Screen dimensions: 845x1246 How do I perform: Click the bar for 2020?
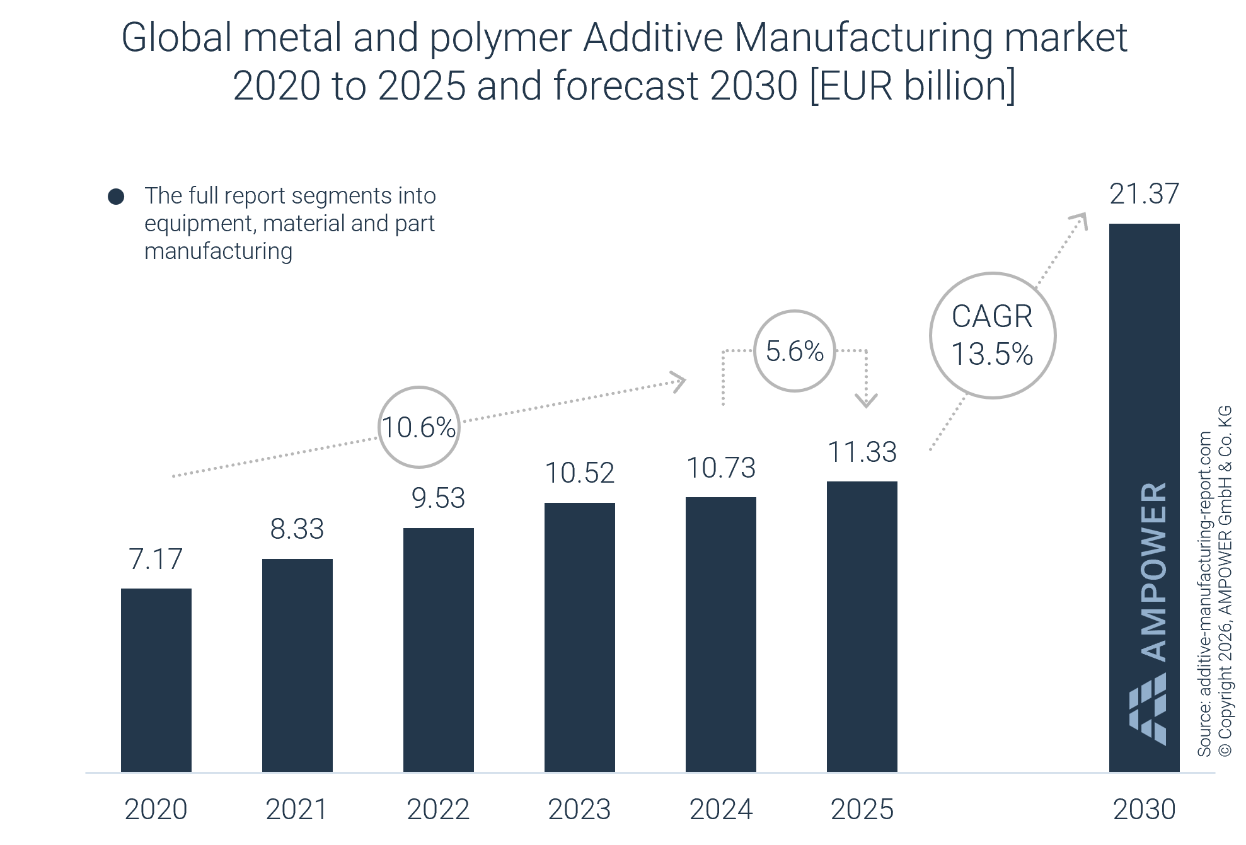point(156,680)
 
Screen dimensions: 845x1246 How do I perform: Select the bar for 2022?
point(438,650)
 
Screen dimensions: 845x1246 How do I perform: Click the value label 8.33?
point(297,529)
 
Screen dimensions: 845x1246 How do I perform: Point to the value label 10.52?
point(579,473)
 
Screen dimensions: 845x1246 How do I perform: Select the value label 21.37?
point(1144,194)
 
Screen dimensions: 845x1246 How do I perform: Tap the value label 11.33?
point(862,452)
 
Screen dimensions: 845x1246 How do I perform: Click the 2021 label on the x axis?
point(297,809)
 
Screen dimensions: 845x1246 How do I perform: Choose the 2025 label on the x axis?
point(862,809)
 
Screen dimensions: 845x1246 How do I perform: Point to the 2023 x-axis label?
point(579,809)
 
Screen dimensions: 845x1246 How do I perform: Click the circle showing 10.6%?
point(418,427)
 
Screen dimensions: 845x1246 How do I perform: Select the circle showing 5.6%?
point(794,351)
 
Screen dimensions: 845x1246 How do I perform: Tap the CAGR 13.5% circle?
point(992,335)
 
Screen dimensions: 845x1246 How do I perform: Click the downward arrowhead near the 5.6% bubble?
point(866,400)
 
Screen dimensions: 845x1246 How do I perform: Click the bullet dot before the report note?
point(116,197)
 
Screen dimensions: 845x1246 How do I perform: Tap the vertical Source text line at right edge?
point(1204,592)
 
